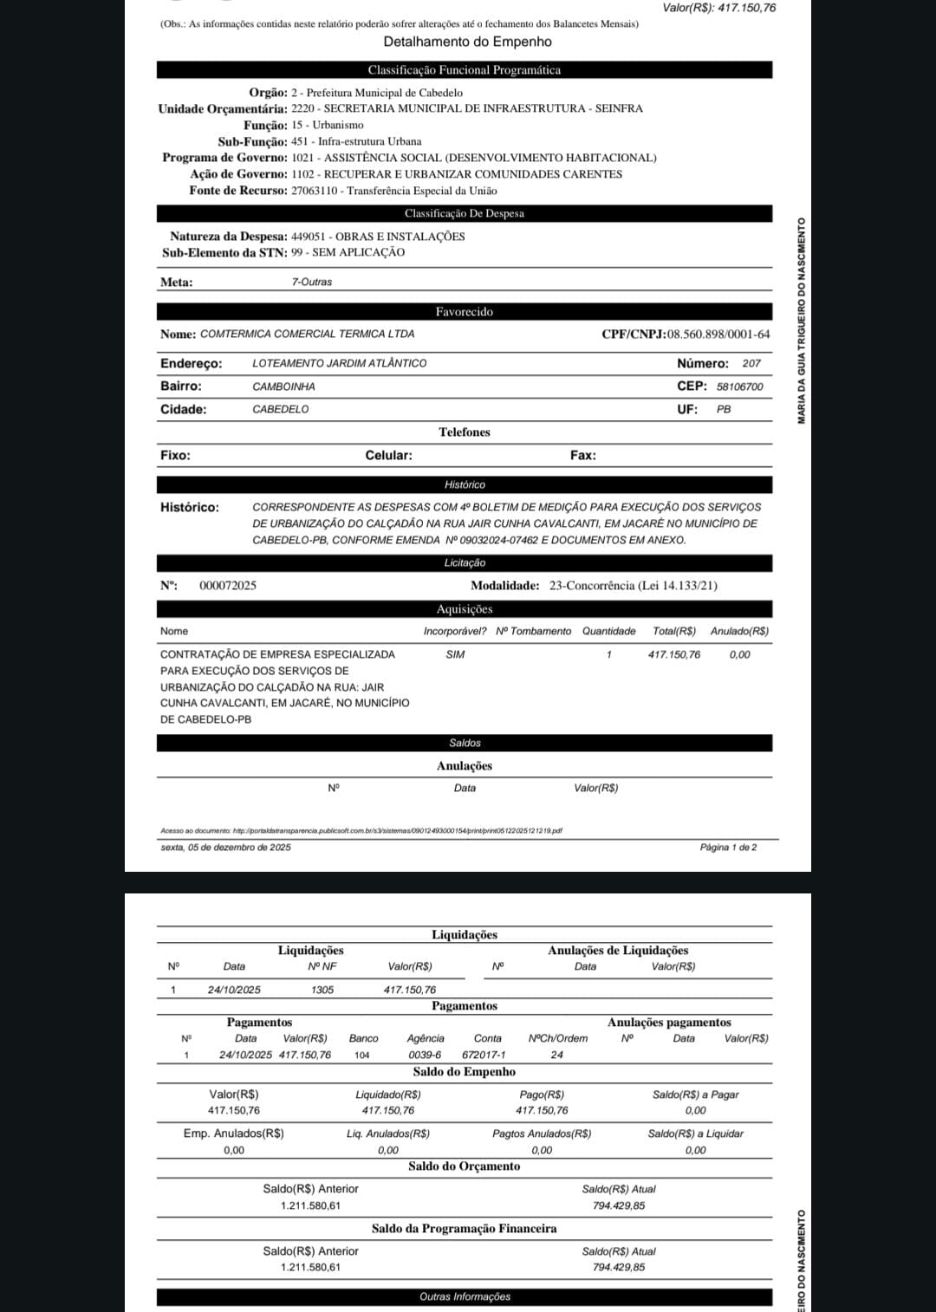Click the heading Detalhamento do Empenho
click(467, 42)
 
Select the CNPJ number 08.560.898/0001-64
click(718, 334)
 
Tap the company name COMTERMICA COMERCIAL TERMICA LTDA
click(307, 334)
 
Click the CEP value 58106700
click(739, 386)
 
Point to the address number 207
click(751, 363)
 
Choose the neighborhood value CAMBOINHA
click(283, 386)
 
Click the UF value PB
click(724, 409)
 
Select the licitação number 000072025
click(228, 586)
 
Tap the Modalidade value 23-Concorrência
click(633, 586)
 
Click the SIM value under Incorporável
click(455, 654)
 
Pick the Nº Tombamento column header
click(533, 631)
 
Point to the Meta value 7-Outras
click(311, 282)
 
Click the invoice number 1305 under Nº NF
click(322, 990)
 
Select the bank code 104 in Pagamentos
click(362, 1055)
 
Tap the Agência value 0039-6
click(425, 1055)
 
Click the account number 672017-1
click(484, 1055)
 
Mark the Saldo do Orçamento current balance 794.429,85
click(619, 1205)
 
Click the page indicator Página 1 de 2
click(728, 847)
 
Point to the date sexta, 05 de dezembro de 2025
click(225, 847)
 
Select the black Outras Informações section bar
click(465, 1296)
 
